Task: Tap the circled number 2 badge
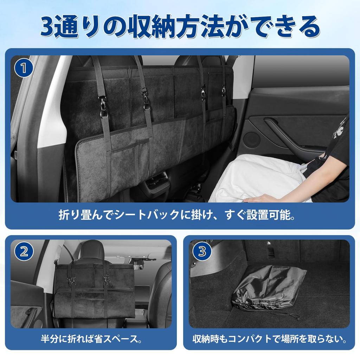coord(24,252)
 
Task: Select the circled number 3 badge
coord(202,252)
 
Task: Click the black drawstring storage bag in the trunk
coord(267,288)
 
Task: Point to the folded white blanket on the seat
coord(260,179)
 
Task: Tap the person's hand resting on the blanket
coord(257,199)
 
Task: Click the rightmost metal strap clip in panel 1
coord(224,92)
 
